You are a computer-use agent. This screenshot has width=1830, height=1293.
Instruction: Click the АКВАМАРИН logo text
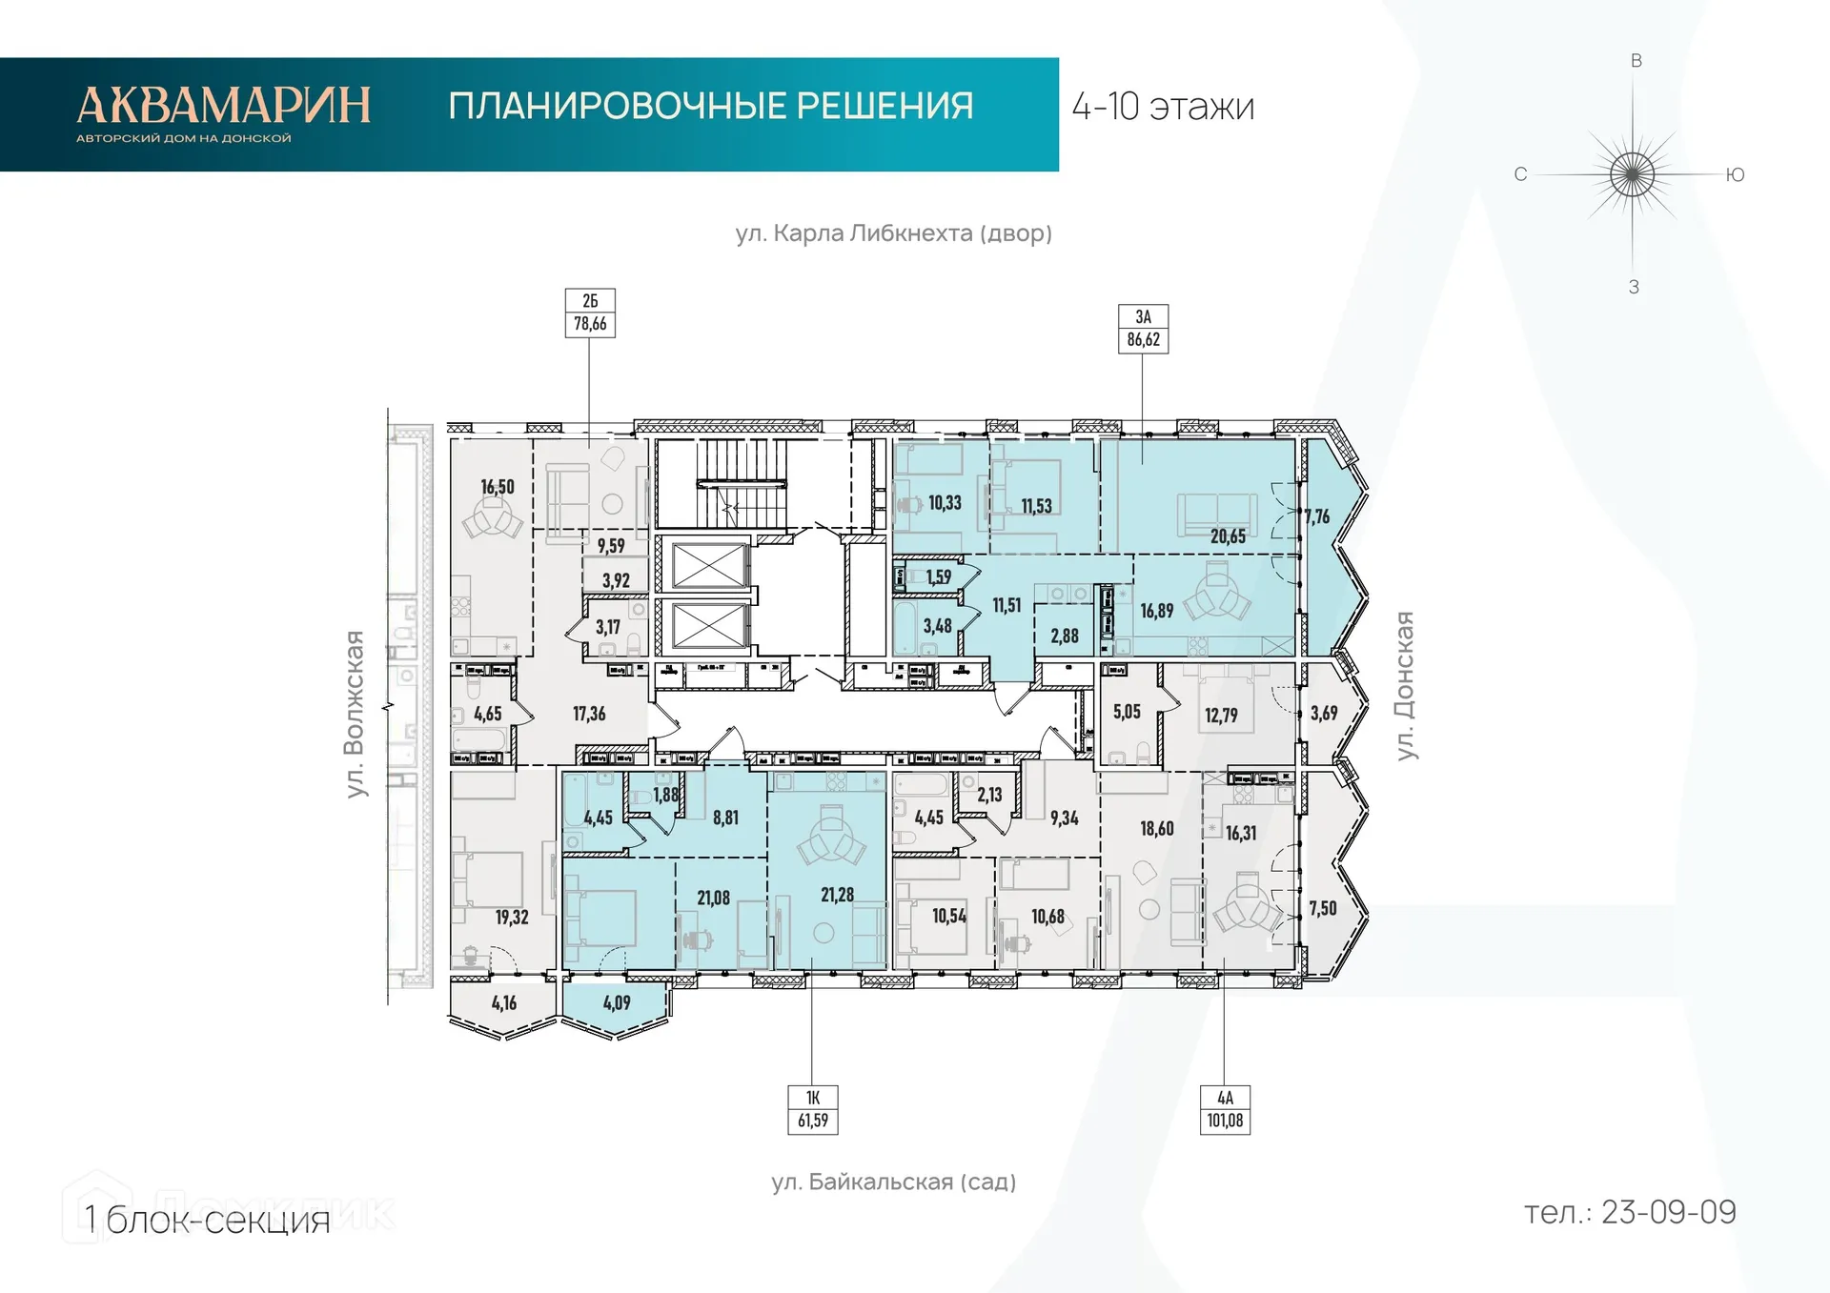pos(223,106)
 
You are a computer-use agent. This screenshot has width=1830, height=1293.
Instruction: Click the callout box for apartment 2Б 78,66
pos(590,313)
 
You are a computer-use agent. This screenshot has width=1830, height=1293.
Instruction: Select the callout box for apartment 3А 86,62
pos(1143,329)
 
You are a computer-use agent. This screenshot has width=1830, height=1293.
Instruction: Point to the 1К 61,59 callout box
pos(813,1109)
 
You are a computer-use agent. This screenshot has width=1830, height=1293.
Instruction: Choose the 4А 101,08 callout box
pos(1225,1109)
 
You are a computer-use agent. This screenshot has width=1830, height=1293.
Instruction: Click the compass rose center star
pos(1633,175)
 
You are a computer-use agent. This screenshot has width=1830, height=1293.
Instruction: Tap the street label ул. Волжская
pos(355,714)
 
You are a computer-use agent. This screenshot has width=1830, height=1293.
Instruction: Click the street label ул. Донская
pos(1404,685)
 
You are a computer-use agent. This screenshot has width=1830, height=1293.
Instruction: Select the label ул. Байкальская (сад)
pos(893,1182)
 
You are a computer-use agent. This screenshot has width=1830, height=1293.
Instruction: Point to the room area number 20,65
pos(1228,536)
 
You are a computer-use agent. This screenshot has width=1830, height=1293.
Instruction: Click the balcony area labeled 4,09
pos(617,1002)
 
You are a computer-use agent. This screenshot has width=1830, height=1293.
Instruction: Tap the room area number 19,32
pos(512,917)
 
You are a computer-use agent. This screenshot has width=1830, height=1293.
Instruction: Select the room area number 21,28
pos(837,895)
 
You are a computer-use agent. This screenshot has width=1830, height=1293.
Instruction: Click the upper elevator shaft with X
pos(708,566)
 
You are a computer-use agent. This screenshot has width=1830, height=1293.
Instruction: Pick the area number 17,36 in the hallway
pos(589,714)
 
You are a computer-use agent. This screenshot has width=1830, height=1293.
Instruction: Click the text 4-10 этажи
pos(1163,107)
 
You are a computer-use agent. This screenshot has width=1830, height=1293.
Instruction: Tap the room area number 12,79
pos(1221,715)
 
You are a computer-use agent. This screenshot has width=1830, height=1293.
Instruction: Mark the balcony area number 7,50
pos(1323,908)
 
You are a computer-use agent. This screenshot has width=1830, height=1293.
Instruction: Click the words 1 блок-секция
pos(207,1220)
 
